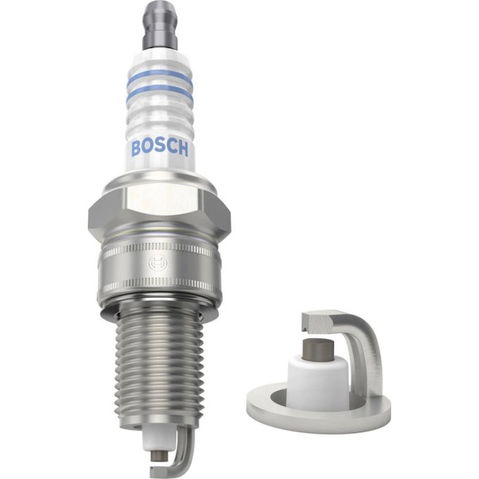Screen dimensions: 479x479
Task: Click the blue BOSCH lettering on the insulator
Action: coord(159,148)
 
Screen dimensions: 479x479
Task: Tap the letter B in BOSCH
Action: coord(136,147)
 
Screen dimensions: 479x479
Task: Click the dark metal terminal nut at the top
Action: coord(159,27)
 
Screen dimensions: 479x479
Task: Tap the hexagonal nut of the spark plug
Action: coord(159,211)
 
